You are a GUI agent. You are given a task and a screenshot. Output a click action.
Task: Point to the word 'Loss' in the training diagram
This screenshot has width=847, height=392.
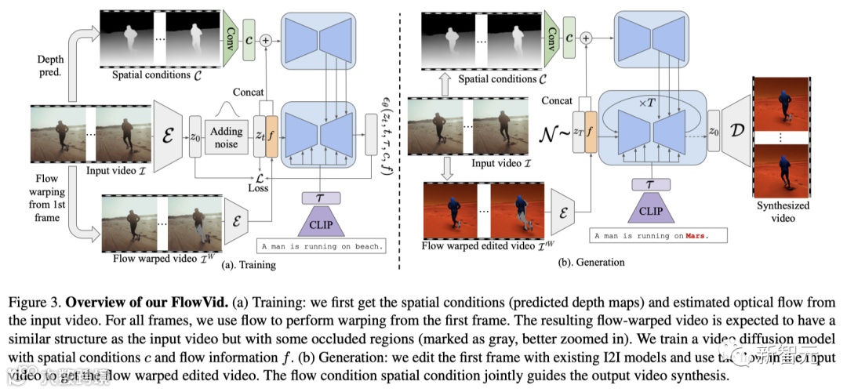258,188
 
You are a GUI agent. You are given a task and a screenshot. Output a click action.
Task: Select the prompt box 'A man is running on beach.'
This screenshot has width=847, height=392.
322,246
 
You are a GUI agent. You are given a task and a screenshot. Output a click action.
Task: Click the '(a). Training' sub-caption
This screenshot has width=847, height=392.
249,265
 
